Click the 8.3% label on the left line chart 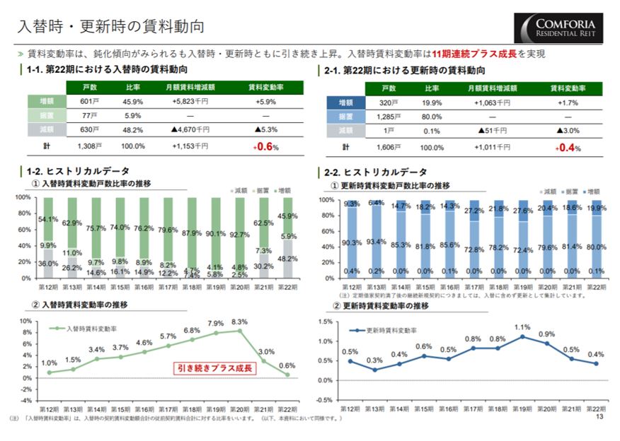pos(239,322)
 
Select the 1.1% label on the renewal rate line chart pos(522,327)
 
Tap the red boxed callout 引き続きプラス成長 pos(215,368)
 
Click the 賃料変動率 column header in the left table pos(265,88)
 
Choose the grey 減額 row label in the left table pos(46,130)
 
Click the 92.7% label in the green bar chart pos(239,235)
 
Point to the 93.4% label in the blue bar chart pos(376,242)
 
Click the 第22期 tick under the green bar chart pos(287,287)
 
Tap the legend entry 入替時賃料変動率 pos(91,329)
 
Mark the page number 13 pos(599,417)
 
